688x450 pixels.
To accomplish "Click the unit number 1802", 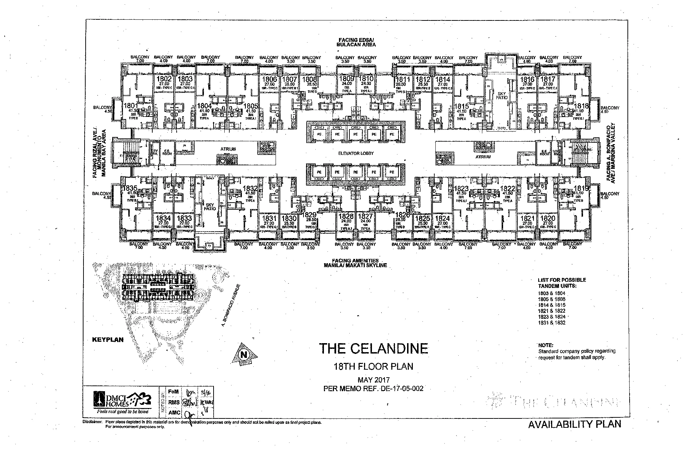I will click(x=163, y=79).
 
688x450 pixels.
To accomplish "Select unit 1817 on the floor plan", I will click(x=548, y=79).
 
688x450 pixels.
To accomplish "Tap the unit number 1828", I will click(x=346, y=216).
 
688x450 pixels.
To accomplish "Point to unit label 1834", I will click(x=163, y=218).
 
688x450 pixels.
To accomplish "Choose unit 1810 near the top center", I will click(x=366, y=79).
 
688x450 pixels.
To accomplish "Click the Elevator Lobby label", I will click(x=356, y=153).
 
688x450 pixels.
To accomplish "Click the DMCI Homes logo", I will click(x=121, y=401).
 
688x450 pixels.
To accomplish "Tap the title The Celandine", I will click(x=373, y=349).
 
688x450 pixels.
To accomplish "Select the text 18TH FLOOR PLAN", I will click(x=373, y=366).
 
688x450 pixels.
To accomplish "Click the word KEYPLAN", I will click(x=108, y=340).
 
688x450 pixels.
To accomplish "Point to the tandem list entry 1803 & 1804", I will click(x=551, y=293).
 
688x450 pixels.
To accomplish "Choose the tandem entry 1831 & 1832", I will click(x=551, y=322).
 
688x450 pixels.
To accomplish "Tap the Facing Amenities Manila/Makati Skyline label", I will click(x=355, y=263).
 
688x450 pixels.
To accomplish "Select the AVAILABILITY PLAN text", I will click(x=574, y=424).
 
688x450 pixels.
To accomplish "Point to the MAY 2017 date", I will click(x=373, y=380).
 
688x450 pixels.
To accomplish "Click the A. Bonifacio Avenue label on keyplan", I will click(x=230, y=305).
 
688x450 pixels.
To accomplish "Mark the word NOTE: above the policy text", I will click(x=546, y=345).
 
